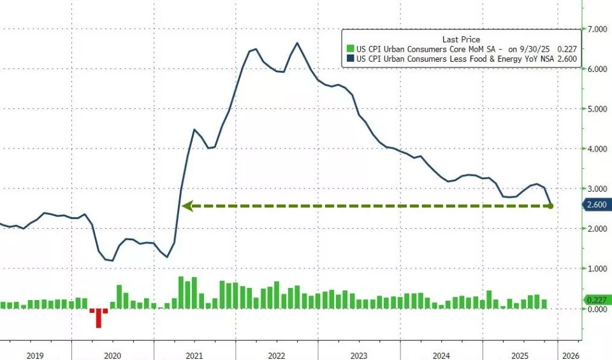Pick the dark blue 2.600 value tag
click(x=597, y=205)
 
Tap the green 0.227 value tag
click(x=597, y=299)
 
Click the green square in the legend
click(x=349, y=48)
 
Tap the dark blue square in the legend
click(x=349, y=58)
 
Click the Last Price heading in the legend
click(x=461, y=39)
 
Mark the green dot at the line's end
click(x=551, y=206)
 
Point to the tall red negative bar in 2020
click(x=98, y=318)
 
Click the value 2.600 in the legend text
click(x=567, y=58)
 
